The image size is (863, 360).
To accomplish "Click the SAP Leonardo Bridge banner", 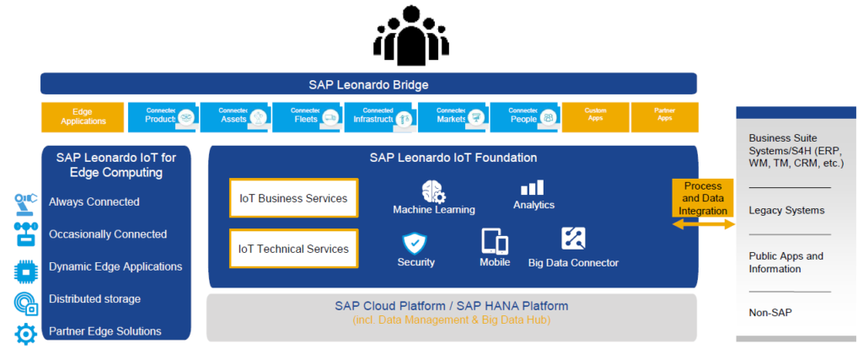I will (x=368, y=84).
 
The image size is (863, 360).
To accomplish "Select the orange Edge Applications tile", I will (x=83, y=116).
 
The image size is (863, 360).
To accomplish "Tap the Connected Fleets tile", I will (x=306, y=116).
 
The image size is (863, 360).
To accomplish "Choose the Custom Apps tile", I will (x=596, y=116).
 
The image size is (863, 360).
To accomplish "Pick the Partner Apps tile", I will (x=664, y=116).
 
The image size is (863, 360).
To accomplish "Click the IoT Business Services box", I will (x=293, y=198).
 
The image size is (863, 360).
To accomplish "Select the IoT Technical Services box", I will (x=293, y=249).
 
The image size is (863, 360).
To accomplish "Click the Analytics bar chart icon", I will (x=533, y=187).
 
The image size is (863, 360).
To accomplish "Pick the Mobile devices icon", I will (x=495, y=242).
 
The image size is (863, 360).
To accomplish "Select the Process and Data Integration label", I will (x=703, y=198).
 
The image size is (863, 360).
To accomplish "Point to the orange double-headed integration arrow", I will (x=703, y=224).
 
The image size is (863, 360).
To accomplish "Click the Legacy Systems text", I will (x=786, y=210).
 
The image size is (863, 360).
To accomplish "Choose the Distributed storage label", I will (x=94, y=299).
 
